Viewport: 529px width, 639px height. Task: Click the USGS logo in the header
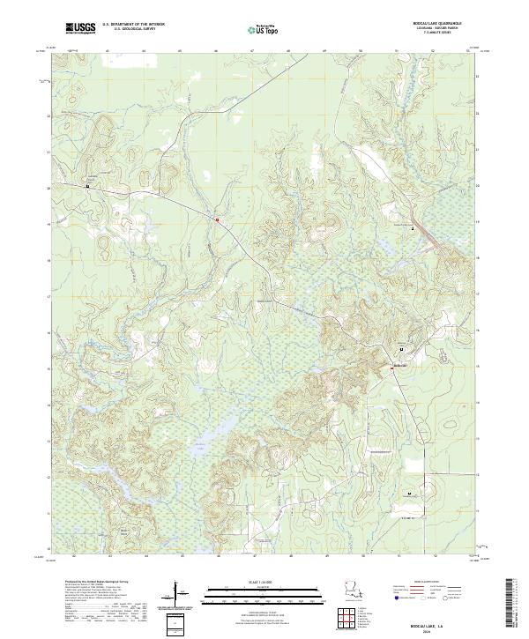tap(81, 28)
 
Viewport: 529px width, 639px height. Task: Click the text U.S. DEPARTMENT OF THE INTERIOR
tap(133, 25)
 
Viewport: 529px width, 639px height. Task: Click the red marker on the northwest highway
tap(216, 218)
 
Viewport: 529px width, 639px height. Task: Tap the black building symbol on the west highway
tap(88, 186)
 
